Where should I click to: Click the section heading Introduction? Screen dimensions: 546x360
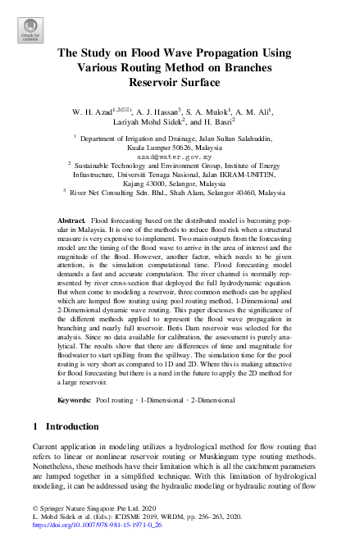click(x=79, y=427)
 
